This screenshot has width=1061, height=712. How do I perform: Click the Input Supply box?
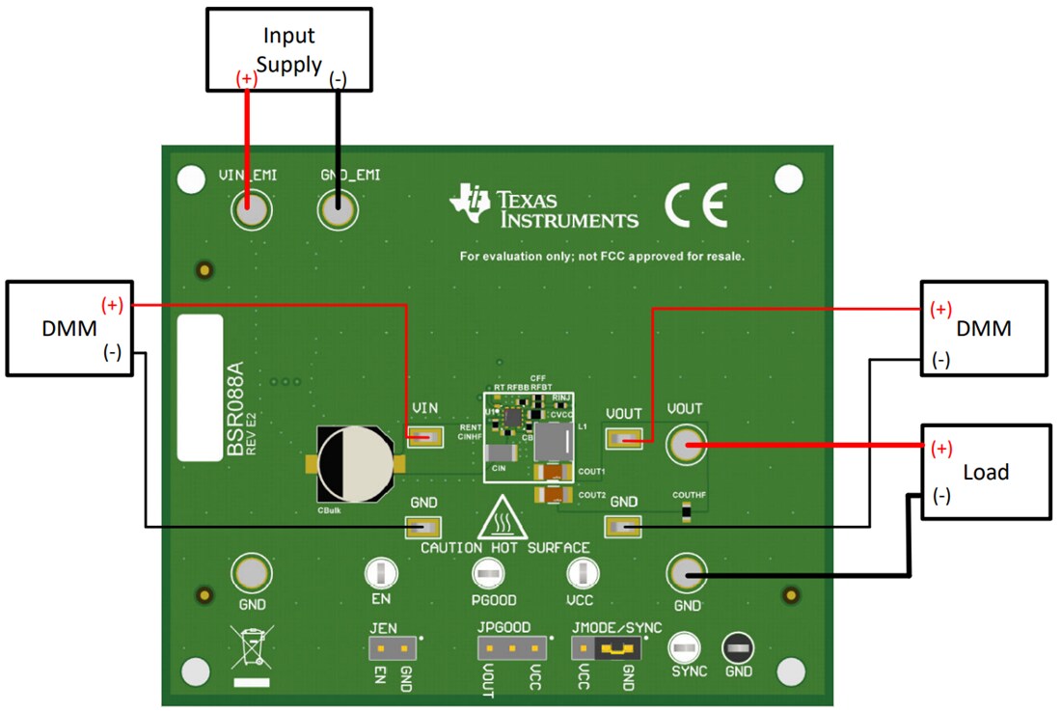coord(288,51)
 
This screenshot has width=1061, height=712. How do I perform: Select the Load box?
coord(984,472)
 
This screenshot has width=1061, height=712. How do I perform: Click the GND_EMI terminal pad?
coord(338,210)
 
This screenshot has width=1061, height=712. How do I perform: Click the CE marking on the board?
coord(695,204)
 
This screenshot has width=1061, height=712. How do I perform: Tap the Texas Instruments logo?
coord(544,207)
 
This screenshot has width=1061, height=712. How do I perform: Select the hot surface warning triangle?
coord(502,520)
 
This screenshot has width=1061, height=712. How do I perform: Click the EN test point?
coord(381,575)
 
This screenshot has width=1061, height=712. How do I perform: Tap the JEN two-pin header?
coord(392,647)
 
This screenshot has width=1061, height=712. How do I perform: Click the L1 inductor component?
coord(554,441)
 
